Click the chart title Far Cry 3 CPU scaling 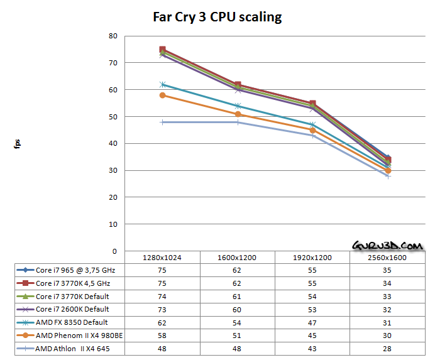[x=217, y=16]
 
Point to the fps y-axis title [x=18, y=143]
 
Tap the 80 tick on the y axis [x=113, y=36]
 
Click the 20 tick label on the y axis [x=113, y=197]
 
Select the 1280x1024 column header [x=162, y=258]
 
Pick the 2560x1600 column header [x=388, y=258]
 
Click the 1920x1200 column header [x=312, y=258]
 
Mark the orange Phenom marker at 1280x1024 [x=163, y=95]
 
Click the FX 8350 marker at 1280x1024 [x=163, y=84]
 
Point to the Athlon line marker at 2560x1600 [x=388, y=176]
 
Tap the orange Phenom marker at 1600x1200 [x=238, y=114]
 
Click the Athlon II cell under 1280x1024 [x=162, y=349]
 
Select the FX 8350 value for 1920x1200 [x=312, y=322]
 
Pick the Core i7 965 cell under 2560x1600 [x=388, y=270]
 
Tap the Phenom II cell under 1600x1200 [x=238, y=335]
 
